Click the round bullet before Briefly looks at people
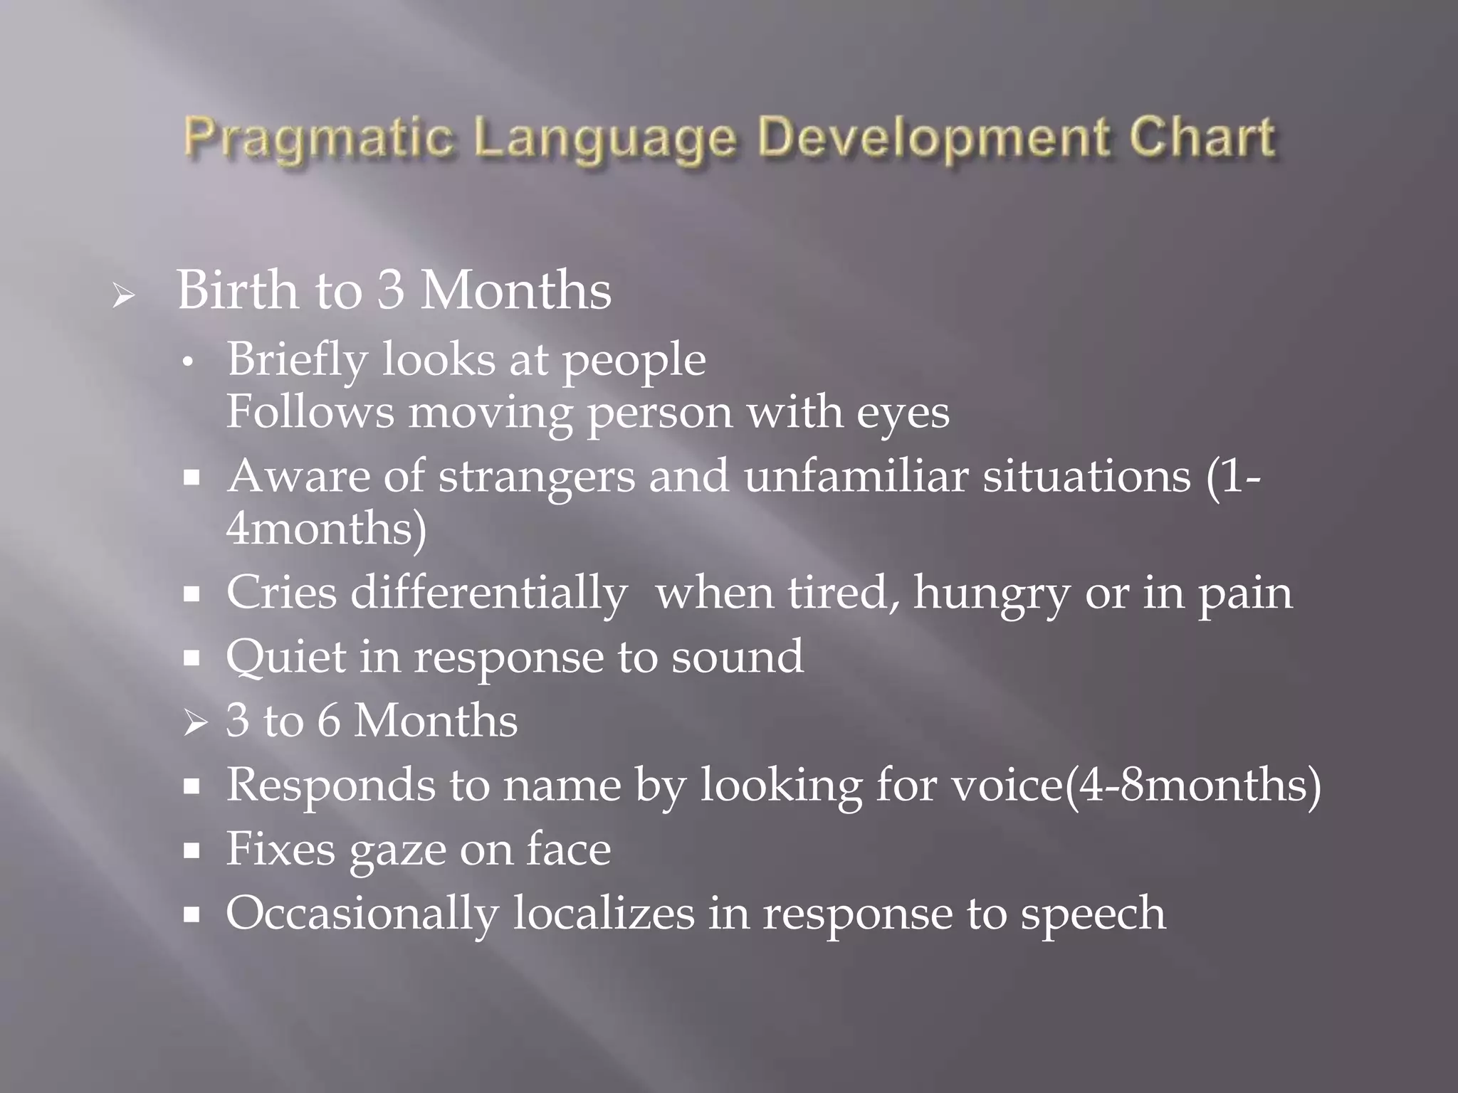[188, 363]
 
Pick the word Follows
[310, 412]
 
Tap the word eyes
[902, 413]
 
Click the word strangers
[536, 476]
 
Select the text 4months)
[326, 529]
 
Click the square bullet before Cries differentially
[192, 593]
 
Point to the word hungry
[992, 593]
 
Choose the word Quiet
[285, 657]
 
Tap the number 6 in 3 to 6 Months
[328, 721]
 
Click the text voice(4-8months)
[1136, 786]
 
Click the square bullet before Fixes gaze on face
[192, 850]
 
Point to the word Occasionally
[362, 914]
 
